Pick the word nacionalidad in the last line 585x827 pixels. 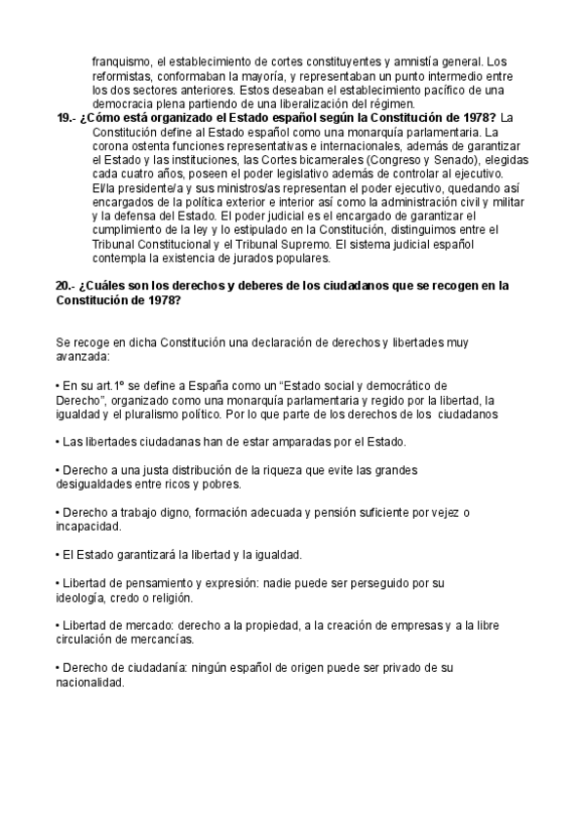pos(91,684)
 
